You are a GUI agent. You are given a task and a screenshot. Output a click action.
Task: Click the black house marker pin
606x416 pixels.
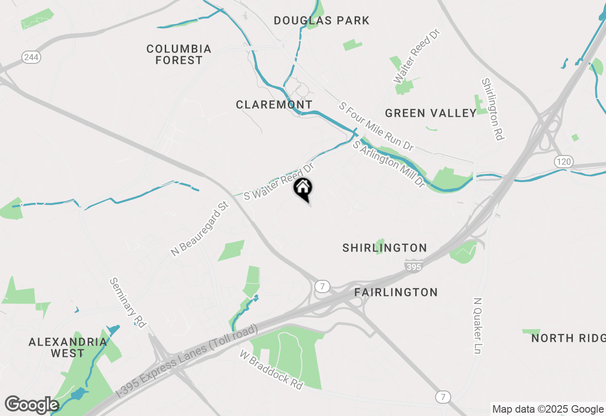pyautogui.click(x=303, y=189)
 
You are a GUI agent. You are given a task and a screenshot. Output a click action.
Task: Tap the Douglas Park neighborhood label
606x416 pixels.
pyautogui.click(x=321, y=20)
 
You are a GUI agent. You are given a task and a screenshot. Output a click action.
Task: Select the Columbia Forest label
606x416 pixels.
pyautogui.click(x=179, y=54)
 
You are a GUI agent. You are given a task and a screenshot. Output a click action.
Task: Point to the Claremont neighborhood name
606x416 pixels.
pyautogui.click(x=274, y=104)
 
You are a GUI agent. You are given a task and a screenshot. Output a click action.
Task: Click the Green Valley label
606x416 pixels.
pyautogui.click(x=431, y=113)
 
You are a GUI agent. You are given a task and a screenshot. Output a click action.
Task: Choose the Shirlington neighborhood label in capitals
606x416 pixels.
pyautogui.click(x=384, y=248)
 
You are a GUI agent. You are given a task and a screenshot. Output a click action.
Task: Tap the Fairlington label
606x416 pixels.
pyautogui.click(x=396, y=292)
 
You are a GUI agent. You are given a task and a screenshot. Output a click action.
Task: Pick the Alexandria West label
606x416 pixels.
pyautogui.click(x=68, y=347)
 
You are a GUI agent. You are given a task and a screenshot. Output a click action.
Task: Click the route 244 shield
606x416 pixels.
pyautogui.click(x=31, y=57)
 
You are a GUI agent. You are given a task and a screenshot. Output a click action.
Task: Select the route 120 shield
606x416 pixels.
pyautogui.click(x=564, y=162)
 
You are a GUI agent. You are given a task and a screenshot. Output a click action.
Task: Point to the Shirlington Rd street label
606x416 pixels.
pyautogui.click(x=492, y=109)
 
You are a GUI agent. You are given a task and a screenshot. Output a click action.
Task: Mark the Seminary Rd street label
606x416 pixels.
pyautogui.click(x=128, y=302)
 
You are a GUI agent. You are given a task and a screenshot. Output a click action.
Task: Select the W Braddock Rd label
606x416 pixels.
pyautogui.click(x=271, y=370)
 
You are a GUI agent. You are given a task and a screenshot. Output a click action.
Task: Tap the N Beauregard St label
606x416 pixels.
pyautogui.click(x=200, y=229)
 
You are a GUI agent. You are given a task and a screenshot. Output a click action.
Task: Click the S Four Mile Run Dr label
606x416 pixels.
pyautogui.click(x=376, y=126)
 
